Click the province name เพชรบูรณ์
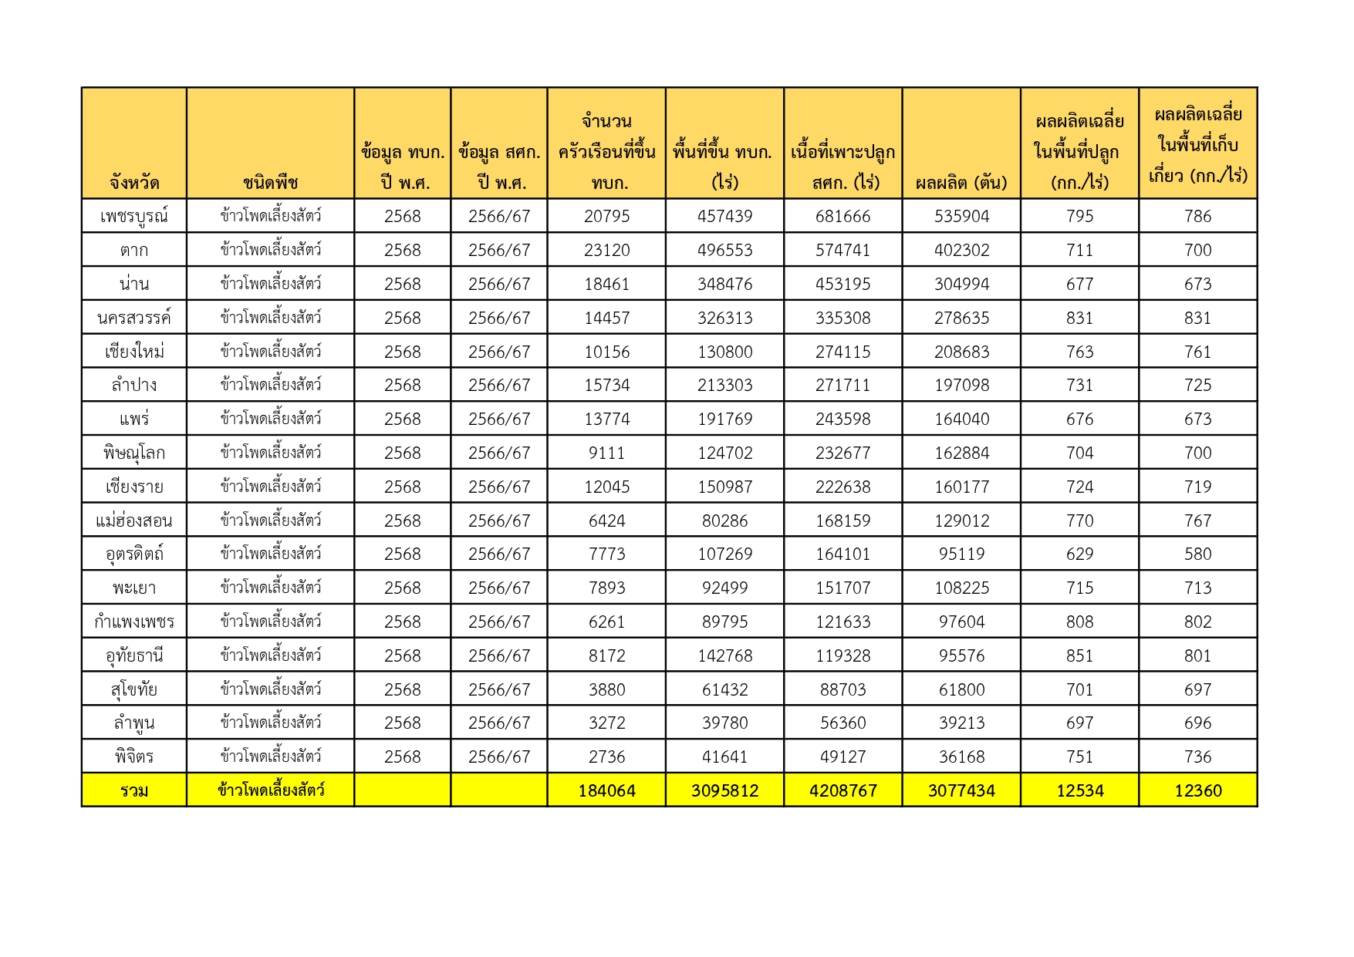[133, 216]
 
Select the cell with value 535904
[961, 216]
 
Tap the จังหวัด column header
[133, 183]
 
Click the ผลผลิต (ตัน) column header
[961, 183]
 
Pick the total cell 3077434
[961, 790]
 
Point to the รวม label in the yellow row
[133, 790]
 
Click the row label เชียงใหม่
[133, 352]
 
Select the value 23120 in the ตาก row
[606, 250]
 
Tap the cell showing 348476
[724, 284]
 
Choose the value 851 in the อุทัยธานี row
[1079, 655]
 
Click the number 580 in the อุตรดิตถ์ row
[1197, 554]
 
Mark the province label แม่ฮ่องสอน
[133, 521]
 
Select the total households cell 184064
[606, 790]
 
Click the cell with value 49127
[842, 757]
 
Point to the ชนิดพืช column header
[270, 183]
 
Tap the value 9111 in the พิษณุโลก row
[606, 453]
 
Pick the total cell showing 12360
[1197, 790]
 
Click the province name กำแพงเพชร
[133, 622]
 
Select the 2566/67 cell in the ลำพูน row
[499, 723]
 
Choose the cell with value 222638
[842, 487]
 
